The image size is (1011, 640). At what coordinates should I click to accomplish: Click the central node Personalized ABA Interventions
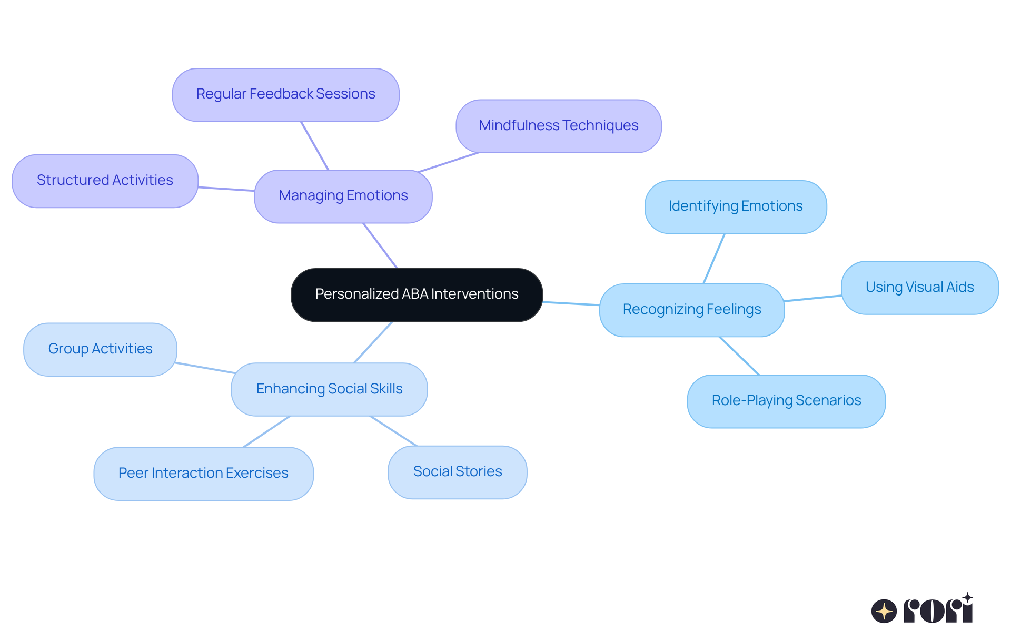pyautogui.click(x=417, y=294)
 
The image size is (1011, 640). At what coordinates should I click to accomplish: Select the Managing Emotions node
pyautogui.click(x=343, y=196)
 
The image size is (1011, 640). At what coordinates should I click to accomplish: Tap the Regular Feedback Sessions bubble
pyautogui.click(x=285, y=94)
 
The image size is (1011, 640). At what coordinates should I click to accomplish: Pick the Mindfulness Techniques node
pyautogui.click(x=558, y=126)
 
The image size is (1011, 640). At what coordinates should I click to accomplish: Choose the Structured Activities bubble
pyautogui.click(x=105, y=181)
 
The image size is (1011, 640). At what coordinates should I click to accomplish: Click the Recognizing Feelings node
pyautogui.click(x=692, y=310)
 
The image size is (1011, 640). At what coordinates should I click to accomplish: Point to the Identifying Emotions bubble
pyautogui.click(x=735, y=206)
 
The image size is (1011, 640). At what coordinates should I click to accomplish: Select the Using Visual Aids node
pyautogui.click(x=919, y=288)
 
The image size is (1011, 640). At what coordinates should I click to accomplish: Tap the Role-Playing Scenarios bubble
pyautogui.click(x=786, y=401)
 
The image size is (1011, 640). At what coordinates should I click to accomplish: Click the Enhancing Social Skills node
pyautogui.click(x=329, y=389)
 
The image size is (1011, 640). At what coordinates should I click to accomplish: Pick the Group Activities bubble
pyautogui.click(x=100, y=349)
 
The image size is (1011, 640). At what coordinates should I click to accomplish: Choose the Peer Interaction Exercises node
pyautogui.click(x=203, y=474)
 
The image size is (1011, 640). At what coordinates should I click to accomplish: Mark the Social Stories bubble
pyautogui.click(x=457, y=472)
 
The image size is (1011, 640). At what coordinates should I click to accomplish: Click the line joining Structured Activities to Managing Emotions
pyautogui.click(x=226, y=189)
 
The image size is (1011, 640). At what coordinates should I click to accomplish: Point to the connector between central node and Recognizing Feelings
pyautogui.click(x=571, y=303)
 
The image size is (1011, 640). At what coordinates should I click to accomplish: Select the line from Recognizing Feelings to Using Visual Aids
pyautogui.click(x=812, y=298)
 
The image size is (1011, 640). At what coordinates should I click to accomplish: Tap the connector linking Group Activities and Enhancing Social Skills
pyautogui.click(x=205, y=368)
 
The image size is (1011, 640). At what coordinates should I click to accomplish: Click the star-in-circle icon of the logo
pyautogui.click(x=884, y=611)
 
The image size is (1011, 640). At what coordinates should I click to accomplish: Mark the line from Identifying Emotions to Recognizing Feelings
pyautogui.click(x=714, y=259)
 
